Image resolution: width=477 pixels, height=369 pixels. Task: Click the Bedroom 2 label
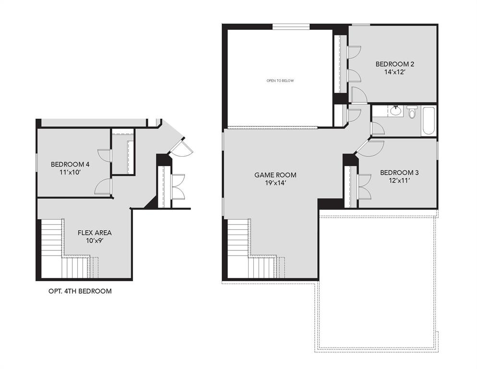click(x=394, y=64)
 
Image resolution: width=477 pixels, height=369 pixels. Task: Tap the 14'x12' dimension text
click(x=394, y=72)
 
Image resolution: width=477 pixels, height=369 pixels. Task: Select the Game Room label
click(x=275, y=175)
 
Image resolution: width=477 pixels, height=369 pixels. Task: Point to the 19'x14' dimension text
click(x=275, y=183)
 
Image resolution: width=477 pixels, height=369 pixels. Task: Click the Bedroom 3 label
click(x=399, y=172)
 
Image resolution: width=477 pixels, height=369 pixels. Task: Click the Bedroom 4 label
click(x=70, y=164)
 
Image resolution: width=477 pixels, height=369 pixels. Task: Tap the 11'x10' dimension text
click(x=70, y=172)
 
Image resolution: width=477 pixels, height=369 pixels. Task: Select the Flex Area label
click(x=95, y=233)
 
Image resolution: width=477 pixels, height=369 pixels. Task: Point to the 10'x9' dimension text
click(x=95, y=241)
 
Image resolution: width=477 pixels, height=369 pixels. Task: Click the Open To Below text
click(x=280, y=81)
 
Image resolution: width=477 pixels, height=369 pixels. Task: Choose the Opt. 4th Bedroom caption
click(x=80, y=291)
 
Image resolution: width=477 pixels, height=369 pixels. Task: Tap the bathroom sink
click(x=395, y=111)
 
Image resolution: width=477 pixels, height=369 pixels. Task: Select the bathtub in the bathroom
click(x=428, y=121)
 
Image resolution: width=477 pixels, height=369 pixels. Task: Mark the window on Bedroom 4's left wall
click(x=37, y=162)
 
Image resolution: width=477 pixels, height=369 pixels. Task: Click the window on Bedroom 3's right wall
click(x=437, y=149)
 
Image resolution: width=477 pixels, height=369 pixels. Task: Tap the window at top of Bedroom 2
click(x=360, y=25)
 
